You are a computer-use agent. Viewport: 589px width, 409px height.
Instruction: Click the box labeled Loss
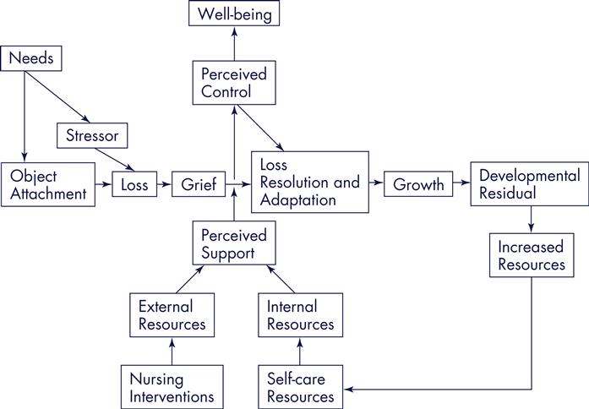pos(134,183)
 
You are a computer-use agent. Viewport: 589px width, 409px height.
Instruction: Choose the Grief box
pos(199,183)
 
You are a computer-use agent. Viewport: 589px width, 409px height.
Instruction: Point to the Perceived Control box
pos(234,83)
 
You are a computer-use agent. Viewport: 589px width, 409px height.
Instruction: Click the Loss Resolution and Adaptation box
pos(310,182)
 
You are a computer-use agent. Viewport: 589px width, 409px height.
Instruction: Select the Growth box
pos(418,184)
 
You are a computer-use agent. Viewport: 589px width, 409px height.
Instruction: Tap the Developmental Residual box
pos(529,184)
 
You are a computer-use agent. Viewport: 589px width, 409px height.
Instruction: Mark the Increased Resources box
pos(532,255)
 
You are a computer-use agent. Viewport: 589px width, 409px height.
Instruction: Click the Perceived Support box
pos(234,243)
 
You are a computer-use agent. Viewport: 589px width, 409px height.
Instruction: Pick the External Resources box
pos(172,314)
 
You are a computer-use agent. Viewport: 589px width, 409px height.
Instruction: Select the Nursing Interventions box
pos(172,386)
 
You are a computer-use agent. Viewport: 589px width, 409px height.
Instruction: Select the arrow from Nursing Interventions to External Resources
pos(172,351)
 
